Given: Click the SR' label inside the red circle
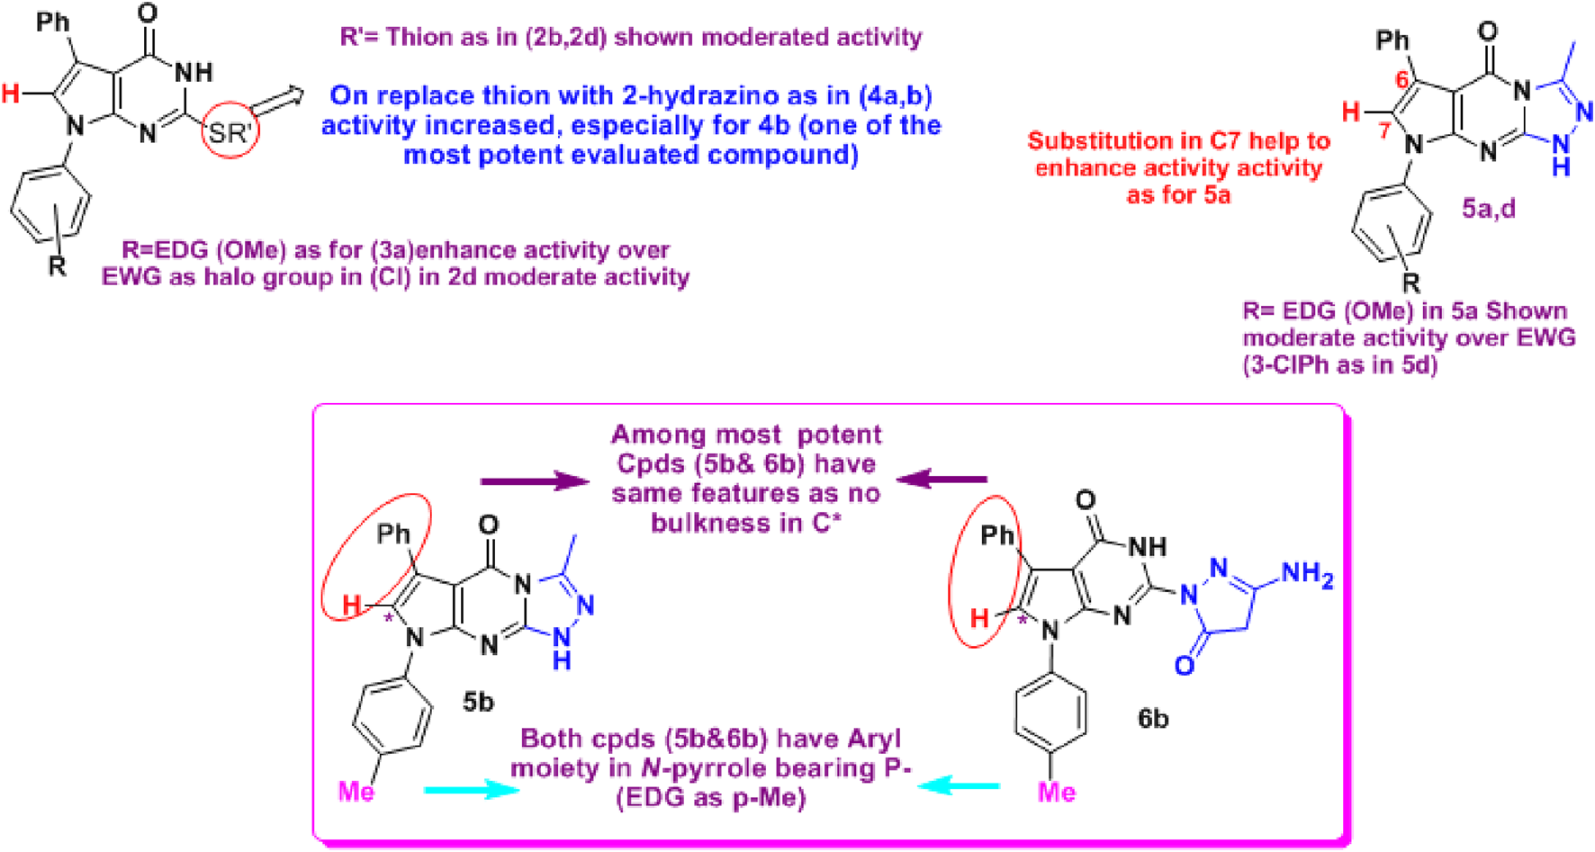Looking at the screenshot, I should pos(230,133).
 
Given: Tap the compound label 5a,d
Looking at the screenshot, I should pos(1488,209).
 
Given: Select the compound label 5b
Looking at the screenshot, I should pos(478,701).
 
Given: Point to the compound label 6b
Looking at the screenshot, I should pos(1152,718).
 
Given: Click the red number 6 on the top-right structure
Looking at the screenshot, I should pos(1402,81).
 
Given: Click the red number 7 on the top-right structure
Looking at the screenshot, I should pos(1383,131).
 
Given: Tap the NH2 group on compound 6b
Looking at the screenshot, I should pos(1308,574).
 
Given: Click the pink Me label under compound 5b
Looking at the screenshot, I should pos(356,792).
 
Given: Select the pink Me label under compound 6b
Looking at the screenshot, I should pos(1057,792).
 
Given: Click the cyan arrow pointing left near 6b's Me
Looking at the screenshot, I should pos(959,785).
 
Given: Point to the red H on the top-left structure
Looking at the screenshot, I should pos(11,93).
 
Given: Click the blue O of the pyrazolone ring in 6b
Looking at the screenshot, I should pos(1185,665).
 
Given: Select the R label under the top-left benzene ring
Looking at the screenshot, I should pos(58,265).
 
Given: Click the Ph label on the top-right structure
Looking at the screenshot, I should pos(1392,40).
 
